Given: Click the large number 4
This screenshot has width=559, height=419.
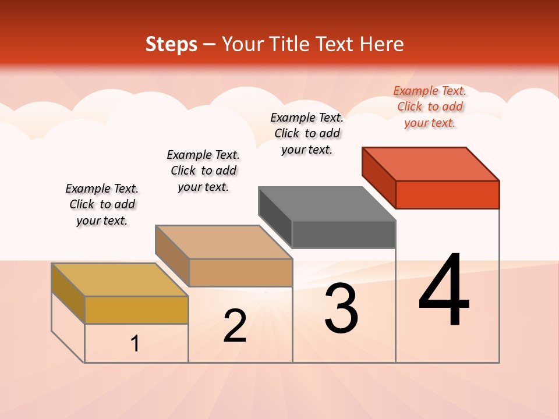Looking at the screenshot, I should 444,291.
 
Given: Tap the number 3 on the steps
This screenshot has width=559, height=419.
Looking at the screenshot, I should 341,308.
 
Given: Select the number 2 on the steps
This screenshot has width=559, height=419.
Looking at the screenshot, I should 235,326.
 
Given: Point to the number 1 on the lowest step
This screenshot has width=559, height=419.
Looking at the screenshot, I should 135,344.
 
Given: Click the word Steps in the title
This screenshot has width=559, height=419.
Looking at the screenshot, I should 171,44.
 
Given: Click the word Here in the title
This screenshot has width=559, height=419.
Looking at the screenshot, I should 382,44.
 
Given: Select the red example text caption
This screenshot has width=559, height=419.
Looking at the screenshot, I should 430,107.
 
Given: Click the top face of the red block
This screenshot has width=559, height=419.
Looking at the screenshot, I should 431,164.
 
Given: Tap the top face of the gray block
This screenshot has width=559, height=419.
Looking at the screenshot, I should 327,204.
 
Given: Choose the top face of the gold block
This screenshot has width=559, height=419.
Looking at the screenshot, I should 120,280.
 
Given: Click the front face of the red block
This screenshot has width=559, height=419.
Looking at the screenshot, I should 447,194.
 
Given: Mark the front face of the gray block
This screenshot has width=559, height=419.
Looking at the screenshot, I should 344,235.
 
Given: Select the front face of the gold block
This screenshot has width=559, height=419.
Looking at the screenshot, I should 136,310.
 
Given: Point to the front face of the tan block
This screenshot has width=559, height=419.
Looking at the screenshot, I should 240,272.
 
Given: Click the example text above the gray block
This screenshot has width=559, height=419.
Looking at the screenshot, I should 307,133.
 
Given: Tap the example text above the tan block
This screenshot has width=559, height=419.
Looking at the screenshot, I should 203,171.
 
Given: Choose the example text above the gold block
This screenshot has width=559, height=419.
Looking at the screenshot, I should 102,204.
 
